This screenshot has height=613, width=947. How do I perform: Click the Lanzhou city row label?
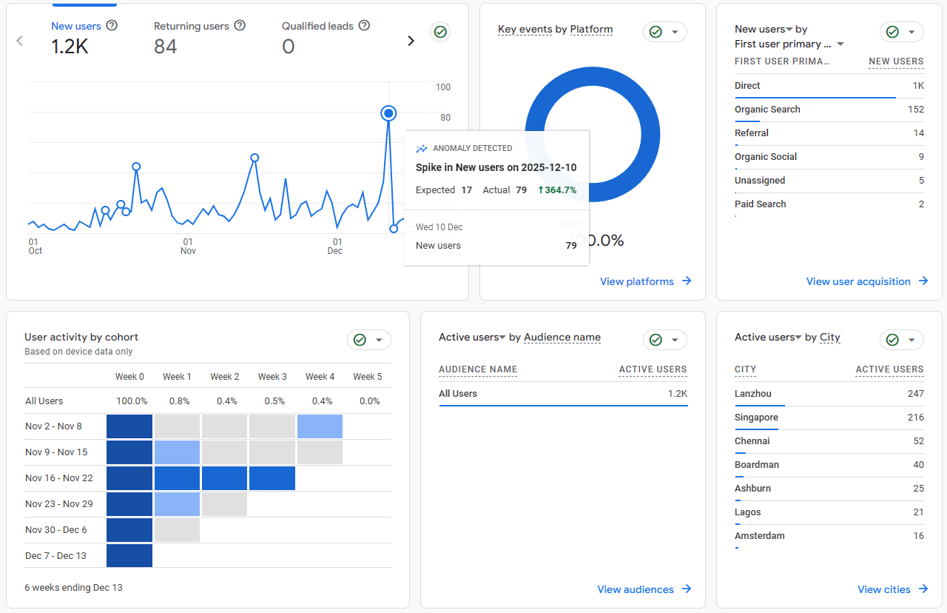coord(752,394)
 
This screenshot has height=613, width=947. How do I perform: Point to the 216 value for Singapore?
coord(915,418)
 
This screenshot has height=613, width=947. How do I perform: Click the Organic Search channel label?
coord(767,110)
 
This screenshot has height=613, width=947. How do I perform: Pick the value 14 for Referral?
coord(918,133)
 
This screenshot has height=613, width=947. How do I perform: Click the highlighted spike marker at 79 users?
coord(388,113)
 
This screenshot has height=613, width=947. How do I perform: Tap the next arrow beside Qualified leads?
coord(411,41)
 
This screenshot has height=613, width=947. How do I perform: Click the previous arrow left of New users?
coord(20,41)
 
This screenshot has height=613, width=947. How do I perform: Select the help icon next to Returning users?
coord(240,26)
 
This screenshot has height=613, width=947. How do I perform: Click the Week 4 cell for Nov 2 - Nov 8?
coord(320,426)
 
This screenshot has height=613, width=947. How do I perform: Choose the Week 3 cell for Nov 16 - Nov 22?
coord(272,478)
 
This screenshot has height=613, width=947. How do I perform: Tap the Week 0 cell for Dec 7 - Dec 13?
coord(129,556)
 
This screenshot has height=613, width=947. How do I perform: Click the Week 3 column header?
coord(272,377)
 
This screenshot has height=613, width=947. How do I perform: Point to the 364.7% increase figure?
coord(557,190)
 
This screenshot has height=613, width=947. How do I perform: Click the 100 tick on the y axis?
coord(442,87)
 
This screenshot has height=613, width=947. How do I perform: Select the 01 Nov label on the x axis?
coord(188,247)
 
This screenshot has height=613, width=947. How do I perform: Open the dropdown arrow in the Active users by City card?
coord(911,340)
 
